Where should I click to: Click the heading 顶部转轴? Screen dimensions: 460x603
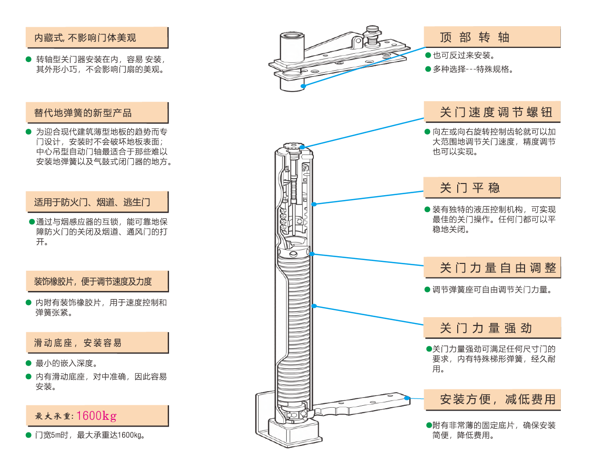[x=475, y=37]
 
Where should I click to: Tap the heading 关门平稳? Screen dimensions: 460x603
[x=470, y=188]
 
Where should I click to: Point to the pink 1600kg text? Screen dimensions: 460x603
[x=96, y=416]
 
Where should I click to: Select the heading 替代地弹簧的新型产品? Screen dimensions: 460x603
[x=83, y=113]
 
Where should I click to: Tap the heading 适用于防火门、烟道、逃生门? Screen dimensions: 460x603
[x=92, y=202]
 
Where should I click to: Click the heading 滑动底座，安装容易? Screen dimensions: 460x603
[x=77, y=343]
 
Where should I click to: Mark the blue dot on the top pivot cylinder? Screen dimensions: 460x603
[x=303, y=86]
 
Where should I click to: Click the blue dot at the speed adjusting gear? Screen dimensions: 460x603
[x=302, y=147]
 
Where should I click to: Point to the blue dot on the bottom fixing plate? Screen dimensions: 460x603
[x=407, y=398]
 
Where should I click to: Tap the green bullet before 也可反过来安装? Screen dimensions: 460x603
[x=428, y=56]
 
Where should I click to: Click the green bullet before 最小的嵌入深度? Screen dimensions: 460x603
[x=29, y=363]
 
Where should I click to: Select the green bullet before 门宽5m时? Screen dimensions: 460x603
[x=29, y=434]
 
